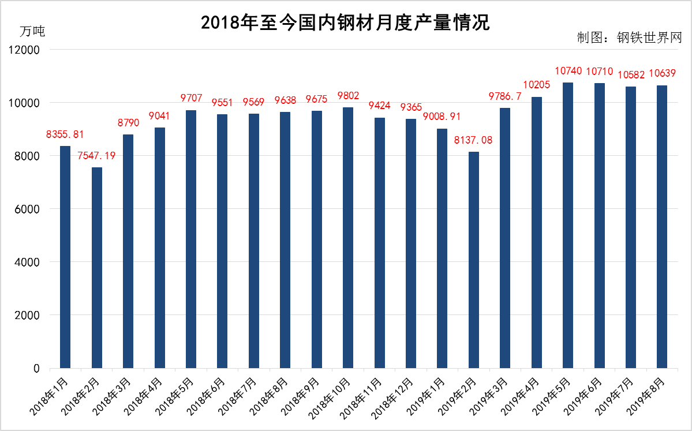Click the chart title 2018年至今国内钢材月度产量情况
pyautogui.click(x=345, y=23)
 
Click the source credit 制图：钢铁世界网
pyautogui.click(x=629, y=38)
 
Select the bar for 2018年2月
pyautogui.click(x=97, y=268)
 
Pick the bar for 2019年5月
pyautogui.click(x=568, y=225)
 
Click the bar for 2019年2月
pyautogui.click(x=474, y=260)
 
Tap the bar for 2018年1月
pyautogui.click(x=65, y=257)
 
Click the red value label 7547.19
pyautogui.click(x=97, y=156)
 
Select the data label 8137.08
pyautogui.click(x=474, y=140)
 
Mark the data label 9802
pyautogui.click(x=348, y=96)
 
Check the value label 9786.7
pyautogui.click(x=505, y=96)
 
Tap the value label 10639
pyautogui.click(x=662, y=74)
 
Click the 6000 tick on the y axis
pyautogui.click(x=28, y=209)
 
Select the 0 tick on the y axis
pyautogui.click(x=36, y=368)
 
